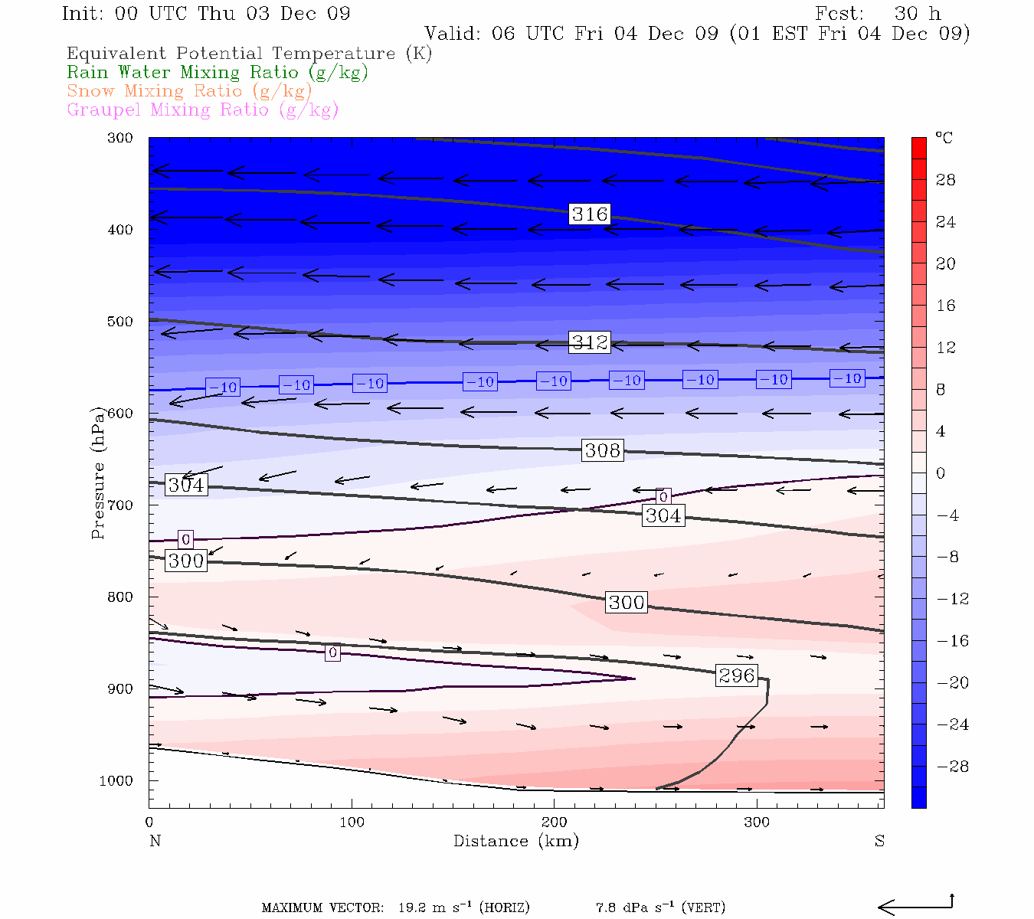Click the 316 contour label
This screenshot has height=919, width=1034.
(590, 214)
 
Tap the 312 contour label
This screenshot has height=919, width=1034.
(590, 342)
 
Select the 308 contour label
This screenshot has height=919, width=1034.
(603, 450)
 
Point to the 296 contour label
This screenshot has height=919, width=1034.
(737, 675)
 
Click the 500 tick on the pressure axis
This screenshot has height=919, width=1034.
(120, 322)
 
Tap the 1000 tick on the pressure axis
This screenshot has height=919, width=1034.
(116, 781)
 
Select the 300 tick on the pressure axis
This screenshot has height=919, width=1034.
(120, 138)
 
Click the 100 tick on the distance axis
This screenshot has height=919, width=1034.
(352, 823)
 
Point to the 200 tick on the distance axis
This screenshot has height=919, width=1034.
(555, 823)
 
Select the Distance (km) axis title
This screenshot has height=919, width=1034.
(516, 841)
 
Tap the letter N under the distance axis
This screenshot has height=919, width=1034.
(155, 841)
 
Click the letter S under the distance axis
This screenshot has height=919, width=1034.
(879, 841)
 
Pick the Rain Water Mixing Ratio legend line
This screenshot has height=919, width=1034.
(218, 73)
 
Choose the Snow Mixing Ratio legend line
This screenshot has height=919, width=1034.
(189, 91)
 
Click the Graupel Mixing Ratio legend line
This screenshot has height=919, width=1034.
(202, 110)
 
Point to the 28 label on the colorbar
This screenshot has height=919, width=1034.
(946, 180)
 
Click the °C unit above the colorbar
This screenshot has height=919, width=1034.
(944, 138)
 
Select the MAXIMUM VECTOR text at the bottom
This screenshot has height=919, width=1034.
(322, 908)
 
